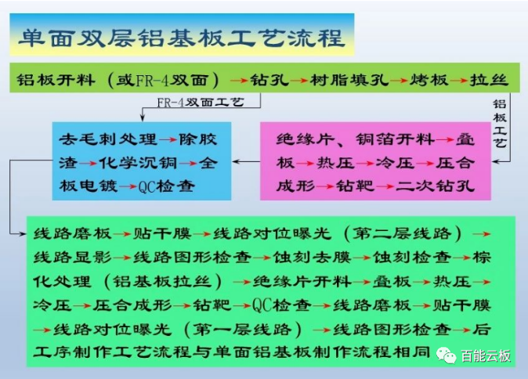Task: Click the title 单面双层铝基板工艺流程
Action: pos(182,38)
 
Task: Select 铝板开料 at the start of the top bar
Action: pos(56,80)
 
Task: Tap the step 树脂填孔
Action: pos(349,80)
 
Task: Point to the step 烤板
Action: pos(429,80)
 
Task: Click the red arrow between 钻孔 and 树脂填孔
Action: pos(299,81)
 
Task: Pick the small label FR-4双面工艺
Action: pos(201,102)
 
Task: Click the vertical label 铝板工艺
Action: pos(499,124)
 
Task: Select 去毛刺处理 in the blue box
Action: pos(108,139)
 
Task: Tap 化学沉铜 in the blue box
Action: pos(138,163)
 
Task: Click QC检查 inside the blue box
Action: pos(166,186)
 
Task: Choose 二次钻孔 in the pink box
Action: pos(435,186)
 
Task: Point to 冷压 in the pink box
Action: pos(395,163)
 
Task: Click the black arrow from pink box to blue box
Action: pos(246,162)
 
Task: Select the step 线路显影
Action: pos(72,258)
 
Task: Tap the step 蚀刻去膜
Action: pos(312,258)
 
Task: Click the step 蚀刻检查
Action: pos(412,258)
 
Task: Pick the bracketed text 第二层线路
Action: pos(403,233)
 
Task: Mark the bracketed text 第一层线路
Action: pos(242,329)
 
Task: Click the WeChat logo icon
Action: pos(447,356)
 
